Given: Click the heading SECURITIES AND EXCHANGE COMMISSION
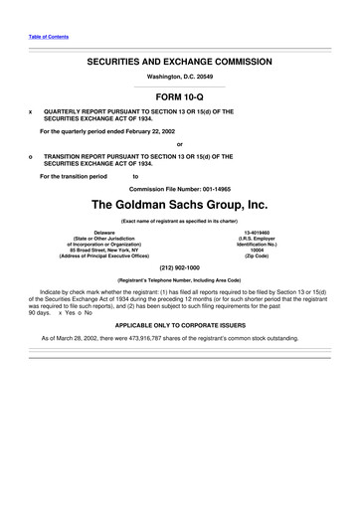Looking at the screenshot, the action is [x=179, y=62].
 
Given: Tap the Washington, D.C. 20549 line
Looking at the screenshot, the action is [x=179, y=78].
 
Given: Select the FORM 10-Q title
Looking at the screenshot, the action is [x=179, y=96].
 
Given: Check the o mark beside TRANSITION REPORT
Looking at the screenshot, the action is [x=32, y=156].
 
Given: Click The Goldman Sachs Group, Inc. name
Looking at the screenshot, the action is [x=179, y=205].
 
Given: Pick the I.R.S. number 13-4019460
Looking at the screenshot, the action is [x=263, y=232].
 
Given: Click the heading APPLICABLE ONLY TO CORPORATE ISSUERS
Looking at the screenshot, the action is [x=179, y=325].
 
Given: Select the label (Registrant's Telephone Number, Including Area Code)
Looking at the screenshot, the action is [x=179, y=281].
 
